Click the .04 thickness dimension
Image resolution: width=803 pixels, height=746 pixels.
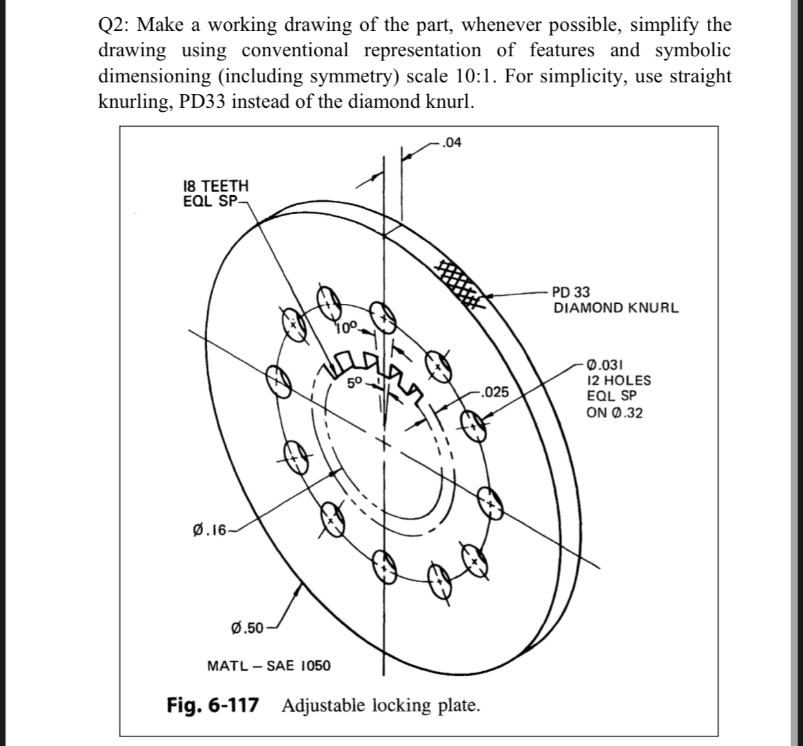[x=453, y=143]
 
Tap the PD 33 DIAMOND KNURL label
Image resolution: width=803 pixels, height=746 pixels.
[x=615, y=301]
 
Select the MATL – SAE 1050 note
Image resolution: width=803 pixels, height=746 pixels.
[x=268, y=666]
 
